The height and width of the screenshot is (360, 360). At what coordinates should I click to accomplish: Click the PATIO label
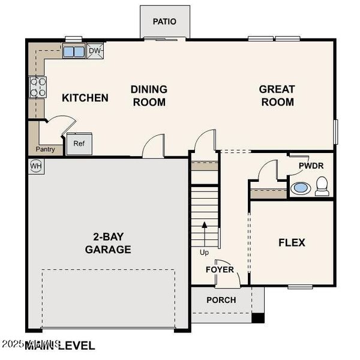pos(164,22)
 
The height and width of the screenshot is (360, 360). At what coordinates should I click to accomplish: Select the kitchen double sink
pos(74,52)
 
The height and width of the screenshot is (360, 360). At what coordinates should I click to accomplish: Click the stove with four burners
pos(37,87)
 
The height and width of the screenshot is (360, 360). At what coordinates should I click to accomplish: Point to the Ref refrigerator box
pos(79,143)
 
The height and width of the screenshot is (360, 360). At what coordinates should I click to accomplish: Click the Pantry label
pos(46,149)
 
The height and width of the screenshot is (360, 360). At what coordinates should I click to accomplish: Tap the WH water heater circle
pos(35,165)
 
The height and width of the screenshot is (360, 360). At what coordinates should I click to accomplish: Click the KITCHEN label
pos(85,98)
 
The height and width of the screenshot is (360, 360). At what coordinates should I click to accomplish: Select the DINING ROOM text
pos(149,95)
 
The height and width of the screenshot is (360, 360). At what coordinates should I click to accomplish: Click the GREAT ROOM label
pos(277,95)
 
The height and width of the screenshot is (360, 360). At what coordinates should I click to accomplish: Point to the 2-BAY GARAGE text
pos(108,243)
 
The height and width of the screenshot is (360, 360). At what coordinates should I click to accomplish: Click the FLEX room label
pos(292,242)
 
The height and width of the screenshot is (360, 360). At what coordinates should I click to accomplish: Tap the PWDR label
pos(311,164)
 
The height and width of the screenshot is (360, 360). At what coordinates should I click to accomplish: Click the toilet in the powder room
pos(322,186)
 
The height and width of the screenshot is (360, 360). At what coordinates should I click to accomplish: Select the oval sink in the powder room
pos(301,188)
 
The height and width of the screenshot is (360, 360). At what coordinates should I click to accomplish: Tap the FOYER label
pos(220,269)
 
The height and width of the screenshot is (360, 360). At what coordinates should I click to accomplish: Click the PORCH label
pos(221,300)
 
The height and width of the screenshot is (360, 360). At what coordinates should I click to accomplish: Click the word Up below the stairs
pos(205,253)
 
